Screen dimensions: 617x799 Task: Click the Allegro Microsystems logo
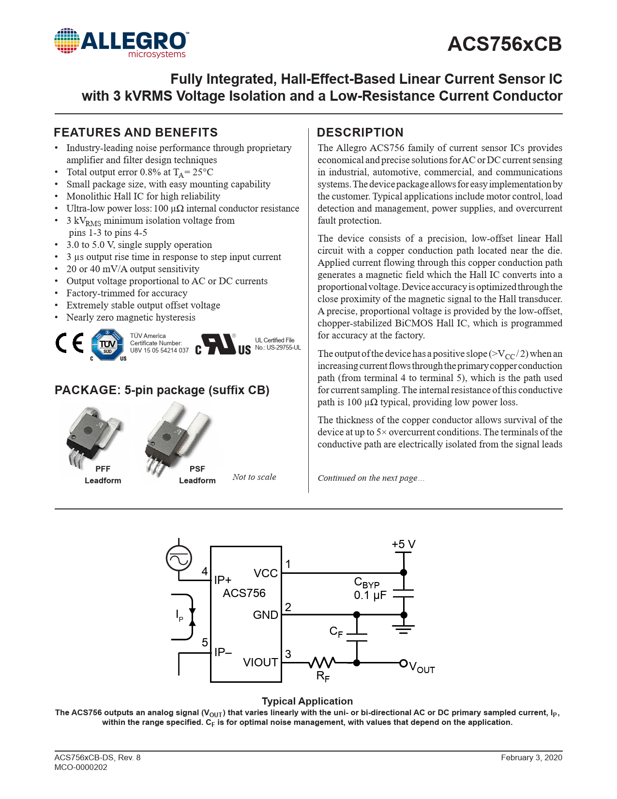pos(121,43)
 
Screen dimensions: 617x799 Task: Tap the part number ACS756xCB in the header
pos(505,44)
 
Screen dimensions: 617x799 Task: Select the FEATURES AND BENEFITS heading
pos(136,132)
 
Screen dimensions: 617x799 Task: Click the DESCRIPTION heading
pos(360,132)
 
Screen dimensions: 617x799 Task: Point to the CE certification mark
pos(70,343)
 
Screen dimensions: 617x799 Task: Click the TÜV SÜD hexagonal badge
pos(107,345)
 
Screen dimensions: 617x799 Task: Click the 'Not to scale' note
pos(254,477)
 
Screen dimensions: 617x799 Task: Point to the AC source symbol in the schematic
pos(179,558)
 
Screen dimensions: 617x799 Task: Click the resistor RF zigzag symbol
pos(322,662)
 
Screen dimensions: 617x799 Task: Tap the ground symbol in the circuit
pos(404,629)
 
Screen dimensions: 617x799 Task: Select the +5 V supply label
pos(404,544)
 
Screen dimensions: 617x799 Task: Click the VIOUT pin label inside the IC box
pos(260,662)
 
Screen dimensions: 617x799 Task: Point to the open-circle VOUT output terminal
pos(404,663)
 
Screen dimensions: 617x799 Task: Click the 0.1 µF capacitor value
pos(370,595)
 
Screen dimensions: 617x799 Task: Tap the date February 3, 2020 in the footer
pos(531,757)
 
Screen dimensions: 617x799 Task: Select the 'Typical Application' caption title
pos(307,701)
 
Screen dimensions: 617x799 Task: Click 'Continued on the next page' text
pos(371,478)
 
